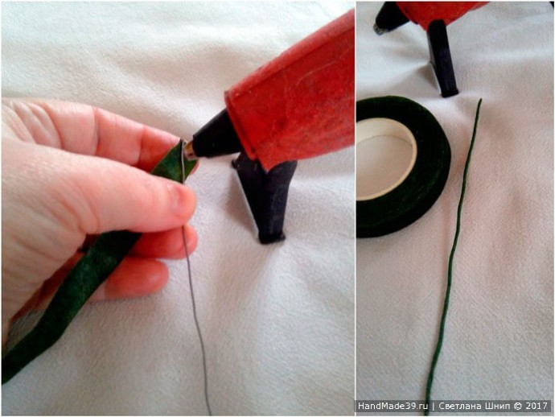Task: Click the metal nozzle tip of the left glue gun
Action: point(189,151)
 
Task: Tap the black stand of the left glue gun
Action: point(265,198)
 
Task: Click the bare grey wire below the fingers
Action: point(195,319)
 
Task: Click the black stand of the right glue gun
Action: point(442,59)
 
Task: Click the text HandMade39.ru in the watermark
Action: point(393,406)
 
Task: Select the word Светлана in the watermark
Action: point(459,406)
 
